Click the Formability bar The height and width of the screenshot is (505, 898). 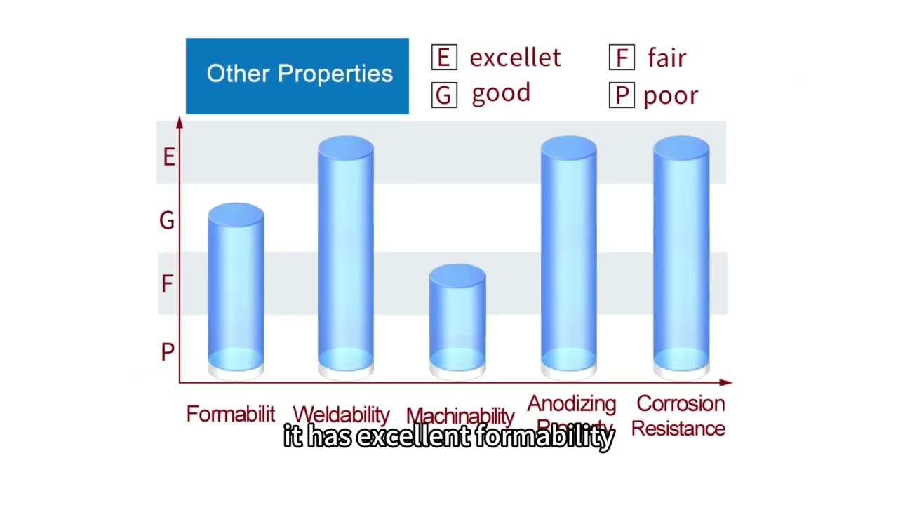click(x=236, y=291)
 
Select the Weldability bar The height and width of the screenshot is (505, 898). click(x=345, y=256)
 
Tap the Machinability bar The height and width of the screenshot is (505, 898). click(x=457, y=319)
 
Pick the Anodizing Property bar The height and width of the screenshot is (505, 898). click(x=568, y=256)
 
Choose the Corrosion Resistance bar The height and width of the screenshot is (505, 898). click(x=681, y=256)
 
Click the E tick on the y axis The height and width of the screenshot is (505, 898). click(x=168, y=157)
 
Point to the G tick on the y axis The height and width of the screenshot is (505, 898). click(x=167, y=221)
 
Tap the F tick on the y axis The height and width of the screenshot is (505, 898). click(x=167, y=284)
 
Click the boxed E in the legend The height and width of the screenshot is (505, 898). click(x=444, y=58)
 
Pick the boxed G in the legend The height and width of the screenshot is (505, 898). click(x=444, y=95)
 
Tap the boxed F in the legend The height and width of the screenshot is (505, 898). click(x=622, y=58)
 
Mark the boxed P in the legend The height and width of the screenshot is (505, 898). click(x=622, y=95)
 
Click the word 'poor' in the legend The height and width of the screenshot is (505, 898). click(x=671, y=96)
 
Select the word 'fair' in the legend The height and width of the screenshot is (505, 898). click(x=666, y=58)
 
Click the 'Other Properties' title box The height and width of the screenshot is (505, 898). click(x=297, y=76)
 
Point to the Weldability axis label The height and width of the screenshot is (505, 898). click(x=341, y=415)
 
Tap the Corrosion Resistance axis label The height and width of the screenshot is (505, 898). click(x=679, y=416)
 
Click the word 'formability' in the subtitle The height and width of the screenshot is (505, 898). click(x=544, y=437)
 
